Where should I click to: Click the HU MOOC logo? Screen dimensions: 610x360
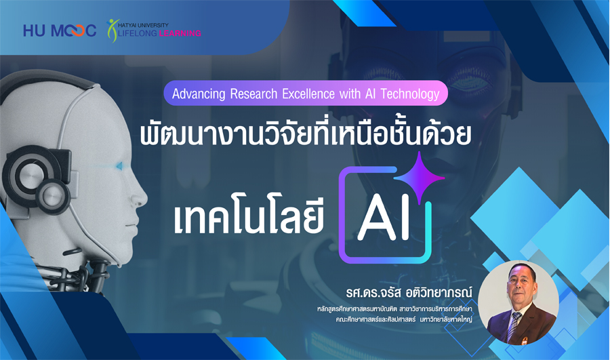click(x=60, y=31)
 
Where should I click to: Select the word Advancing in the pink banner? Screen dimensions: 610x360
click(x=199, y=94)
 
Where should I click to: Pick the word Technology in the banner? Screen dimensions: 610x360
click(x=409, y=94)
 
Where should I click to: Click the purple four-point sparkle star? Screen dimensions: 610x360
click(x=419, y=178)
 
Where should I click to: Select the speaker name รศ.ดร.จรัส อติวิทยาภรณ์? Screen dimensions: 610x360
click(x=409, y=293)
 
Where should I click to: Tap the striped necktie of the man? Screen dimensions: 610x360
click(x=514, y=326)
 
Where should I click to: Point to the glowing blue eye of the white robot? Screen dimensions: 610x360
click(x=119, y=166)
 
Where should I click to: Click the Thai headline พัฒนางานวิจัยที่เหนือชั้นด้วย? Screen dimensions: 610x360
click(x=306, y=134)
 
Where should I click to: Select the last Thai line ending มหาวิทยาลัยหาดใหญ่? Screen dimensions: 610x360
click(x=403, y=319)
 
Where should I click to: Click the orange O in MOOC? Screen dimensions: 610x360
click(x=76, y=31)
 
